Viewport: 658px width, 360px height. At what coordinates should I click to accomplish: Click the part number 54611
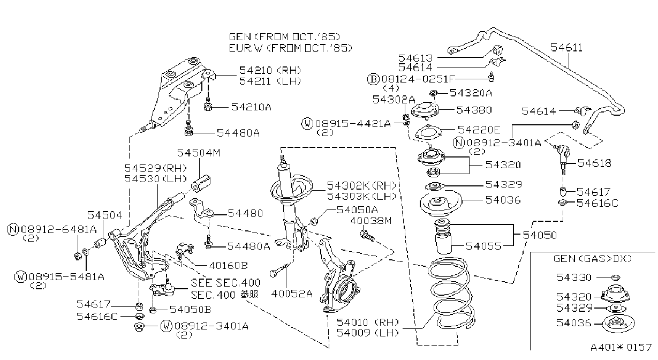(x=566, y=48)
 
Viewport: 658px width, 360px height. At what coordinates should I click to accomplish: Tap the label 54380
(x=474, y=110)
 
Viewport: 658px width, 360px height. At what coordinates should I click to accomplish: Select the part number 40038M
(x=371, y=220)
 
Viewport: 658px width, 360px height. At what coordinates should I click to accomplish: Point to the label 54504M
(x=199, y=153)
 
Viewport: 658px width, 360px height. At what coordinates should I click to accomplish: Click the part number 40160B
(x=229, y=266)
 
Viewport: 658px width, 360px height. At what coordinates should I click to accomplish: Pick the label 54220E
(x=479, y=130)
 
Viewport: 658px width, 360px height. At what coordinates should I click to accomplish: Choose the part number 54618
(x=594, y=163)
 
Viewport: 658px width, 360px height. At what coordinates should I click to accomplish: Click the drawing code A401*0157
(x=621, y=348)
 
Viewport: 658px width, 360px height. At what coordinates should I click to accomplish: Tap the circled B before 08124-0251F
(x=373, y=79)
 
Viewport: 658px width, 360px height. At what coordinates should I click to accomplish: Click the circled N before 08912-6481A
(x=13, y=229)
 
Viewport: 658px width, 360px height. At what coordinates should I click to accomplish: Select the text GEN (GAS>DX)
(x=592, y=259)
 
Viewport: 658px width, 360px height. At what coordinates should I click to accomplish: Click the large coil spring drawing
(x=451, y=294)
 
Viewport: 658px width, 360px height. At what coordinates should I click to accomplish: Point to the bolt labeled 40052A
(x=279, y=270)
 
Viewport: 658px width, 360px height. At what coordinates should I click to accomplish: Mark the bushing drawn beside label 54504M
(x=201, y=183)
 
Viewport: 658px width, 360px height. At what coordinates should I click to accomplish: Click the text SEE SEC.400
(x=225, y=283)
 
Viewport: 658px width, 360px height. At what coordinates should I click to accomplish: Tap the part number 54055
(x=483, y=246)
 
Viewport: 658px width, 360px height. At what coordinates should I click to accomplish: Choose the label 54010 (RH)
(x=368, y=322)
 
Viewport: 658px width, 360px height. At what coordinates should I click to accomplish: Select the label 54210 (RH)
(x=270, y=70)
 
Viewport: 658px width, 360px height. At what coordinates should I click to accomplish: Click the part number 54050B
(x=191, y=310)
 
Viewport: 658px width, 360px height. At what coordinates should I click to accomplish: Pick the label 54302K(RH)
(x=361, y=186)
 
